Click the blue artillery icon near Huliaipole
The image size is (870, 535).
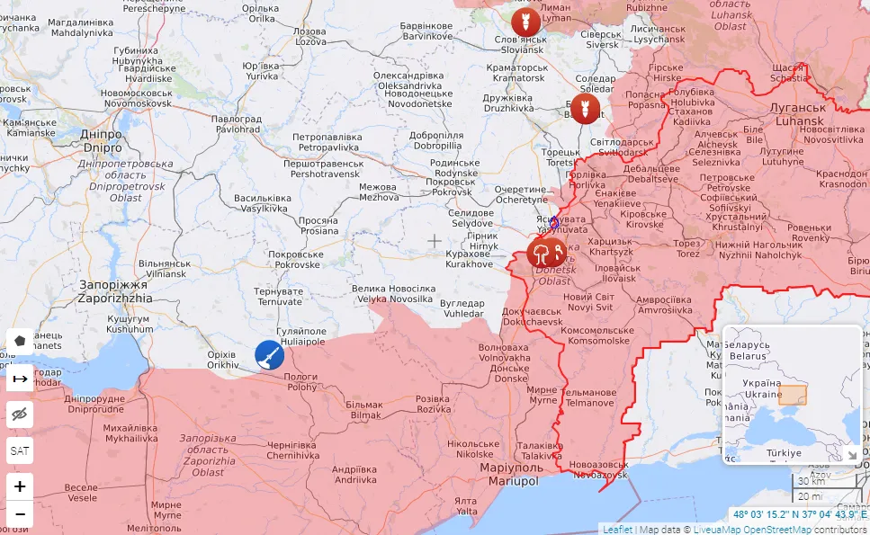[x=269, y=355]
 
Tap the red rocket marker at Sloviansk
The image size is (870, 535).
[x=525, y=22]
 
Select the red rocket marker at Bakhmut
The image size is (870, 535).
[x=585, y=109]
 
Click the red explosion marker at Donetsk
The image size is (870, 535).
[x=545, y=254]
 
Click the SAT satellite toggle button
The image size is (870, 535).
[x=20, y=450]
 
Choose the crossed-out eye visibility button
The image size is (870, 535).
[x=20, y=415]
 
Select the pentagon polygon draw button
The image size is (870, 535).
[x=20, y=342]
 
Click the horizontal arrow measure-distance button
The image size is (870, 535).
[x=20, y=379]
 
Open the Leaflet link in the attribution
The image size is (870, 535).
[x=617, y=529]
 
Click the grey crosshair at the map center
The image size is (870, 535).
[x=435, y=241]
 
